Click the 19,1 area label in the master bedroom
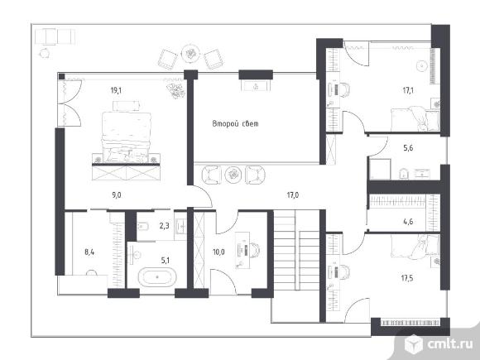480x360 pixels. (x=116, y=90)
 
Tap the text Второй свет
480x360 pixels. (x=235, y=123)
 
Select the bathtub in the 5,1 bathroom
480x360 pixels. (x=157, y=277)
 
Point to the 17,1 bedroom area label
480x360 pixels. (x=408, y=90)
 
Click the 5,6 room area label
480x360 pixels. (x=408, y=148)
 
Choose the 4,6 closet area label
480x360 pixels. (x=408, y=221)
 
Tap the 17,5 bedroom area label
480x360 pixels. (x=407, y=278)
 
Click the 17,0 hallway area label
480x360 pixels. (x=293, y=195)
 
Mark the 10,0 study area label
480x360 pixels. (x=218, y=252)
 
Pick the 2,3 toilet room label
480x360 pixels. (x=165, y=226)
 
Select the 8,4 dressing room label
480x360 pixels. (x=89, y=252)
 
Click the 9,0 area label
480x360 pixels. (x=117, y=195)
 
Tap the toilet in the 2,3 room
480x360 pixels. (x=142, y=227)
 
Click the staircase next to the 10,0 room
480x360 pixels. (x=296, y=250)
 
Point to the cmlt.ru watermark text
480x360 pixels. (x=450, y=344)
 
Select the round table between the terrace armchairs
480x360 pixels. (x=190, y=54)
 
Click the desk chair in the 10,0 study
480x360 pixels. (x=254, y=250)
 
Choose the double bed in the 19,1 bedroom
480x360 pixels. (x=126, y=137)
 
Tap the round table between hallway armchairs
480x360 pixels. (x=233, y=175)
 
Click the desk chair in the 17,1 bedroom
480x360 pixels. (x=344, y=89)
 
